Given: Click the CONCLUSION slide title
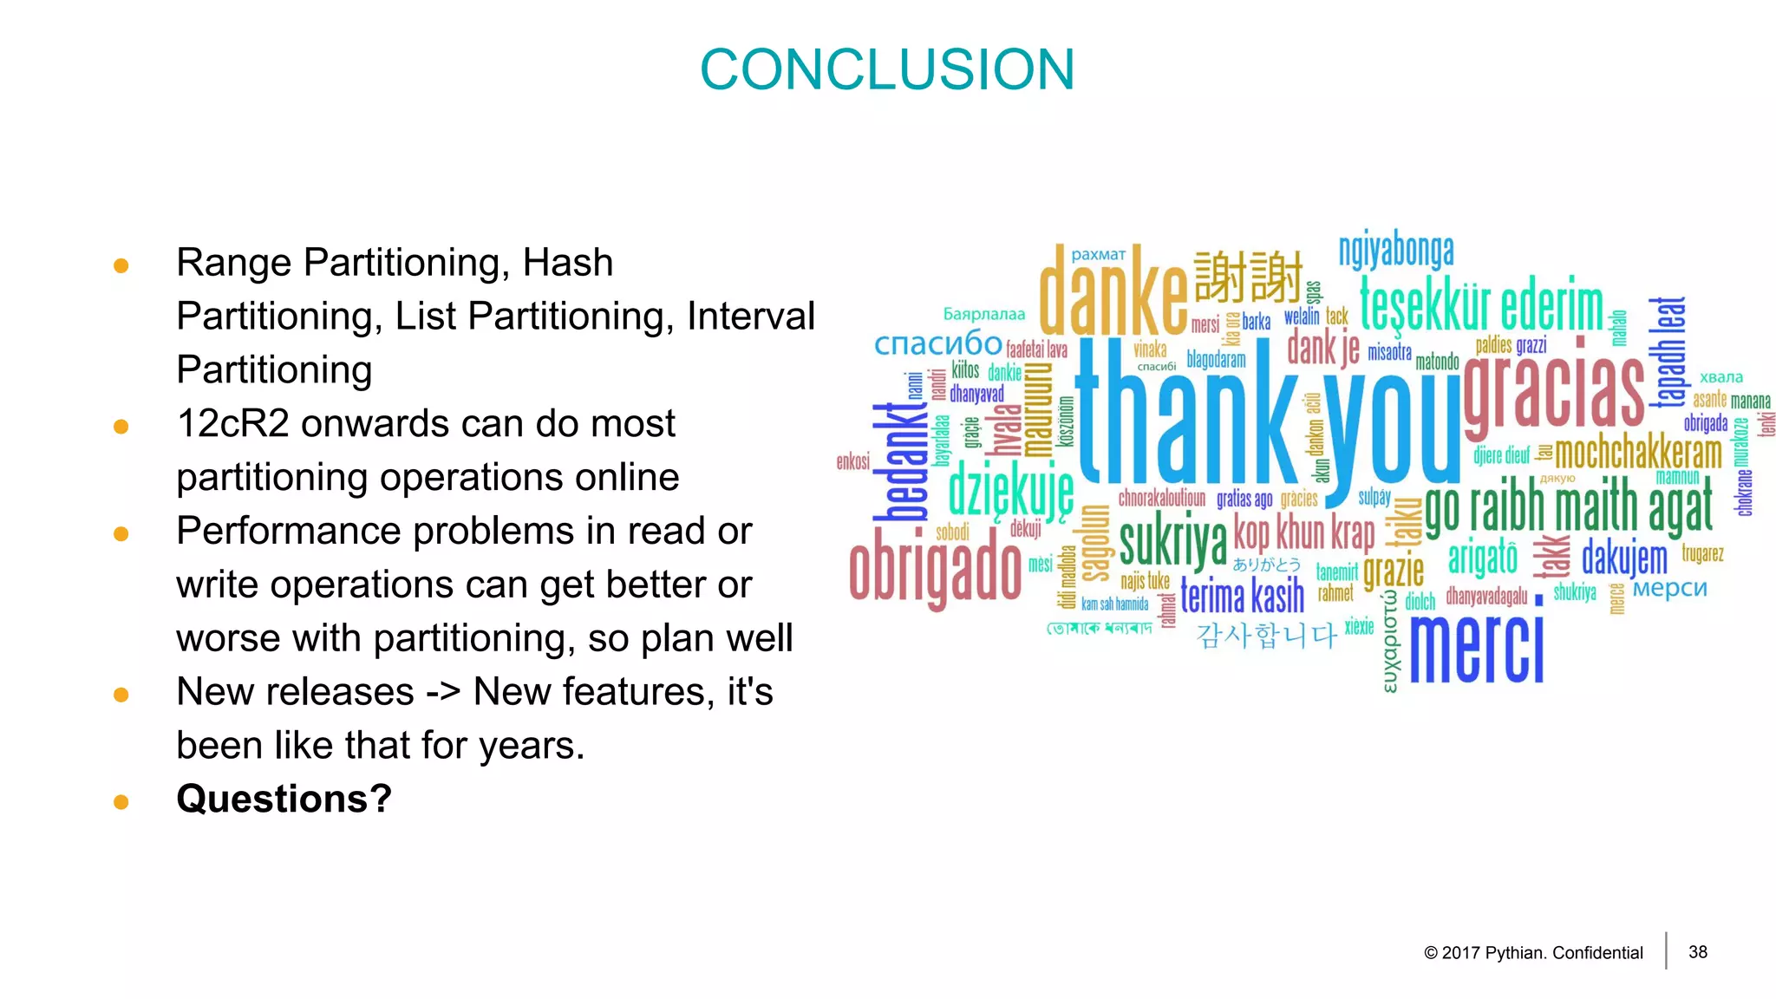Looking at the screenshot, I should [887, 69].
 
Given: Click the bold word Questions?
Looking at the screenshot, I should [284, 799].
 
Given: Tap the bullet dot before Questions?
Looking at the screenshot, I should [121, 802].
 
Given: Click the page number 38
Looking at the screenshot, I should [1698, 952].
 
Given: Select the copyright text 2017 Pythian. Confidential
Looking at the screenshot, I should [1533, 953].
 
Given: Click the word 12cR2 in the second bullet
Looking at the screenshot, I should [232, 424].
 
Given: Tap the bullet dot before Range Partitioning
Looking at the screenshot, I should [121, 265].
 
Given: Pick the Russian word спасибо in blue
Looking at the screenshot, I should [937, 343].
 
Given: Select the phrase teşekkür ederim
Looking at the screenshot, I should [1481, 305].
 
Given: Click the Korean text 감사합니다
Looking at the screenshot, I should [1266, 636].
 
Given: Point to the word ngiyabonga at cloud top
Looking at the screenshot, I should [1396, 251].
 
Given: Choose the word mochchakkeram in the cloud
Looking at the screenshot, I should [1638, 454].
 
